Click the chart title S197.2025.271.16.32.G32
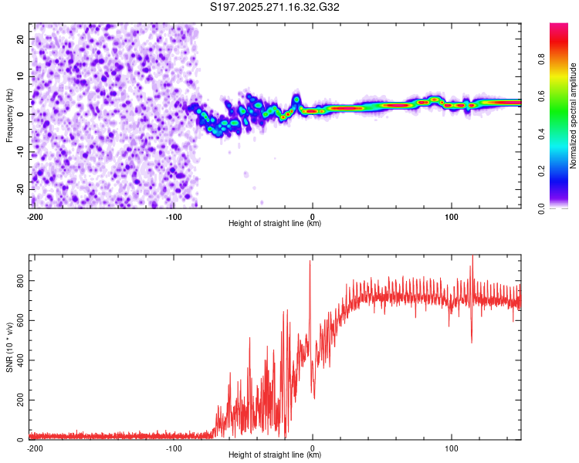click(x=276, y=8)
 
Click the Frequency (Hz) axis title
click(x=10, y=115)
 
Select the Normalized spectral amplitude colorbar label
click(x=574, y=115)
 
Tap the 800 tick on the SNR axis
click(x=19, y=282)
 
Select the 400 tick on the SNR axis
click(x=19, y=360)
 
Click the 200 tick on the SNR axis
click(x=19, y=400)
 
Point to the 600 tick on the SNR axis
click(x=19, y=321)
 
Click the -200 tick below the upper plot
click(x=34, y=215)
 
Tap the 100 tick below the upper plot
click(x=452, y=215)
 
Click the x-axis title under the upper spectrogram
click(x=275, y=224)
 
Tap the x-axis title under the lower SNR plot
click(x=275, y=456)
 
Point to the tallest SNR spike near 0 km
click(x=310, y=262)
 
